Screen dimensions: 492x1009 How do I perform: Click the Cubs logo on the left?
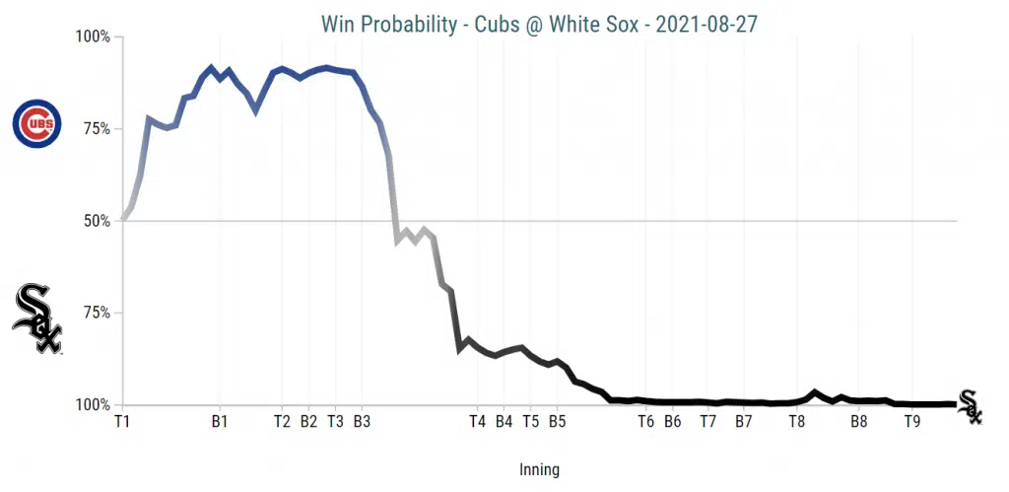tap(36, 124)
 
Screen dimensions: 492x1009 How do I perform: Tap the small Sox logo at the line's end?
tap(971, 406)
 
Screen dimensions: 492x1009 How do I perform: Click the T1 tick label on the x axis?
tap(122, 421)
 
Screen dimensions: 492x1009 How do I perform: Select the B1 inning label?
tap(220, 421)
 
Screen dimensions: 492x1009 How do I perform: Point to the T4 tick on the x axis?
tap(478, 421)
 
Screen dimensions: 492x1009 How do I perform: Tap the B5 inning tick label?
tap(557, 421)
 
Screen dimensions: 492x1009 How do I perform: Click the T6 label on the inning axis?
tap(646, 421)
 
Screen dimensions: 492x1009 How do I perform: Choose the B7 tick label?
tap(744, 421)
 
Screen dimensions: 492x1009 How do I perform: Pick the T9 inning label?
tap(912, 421)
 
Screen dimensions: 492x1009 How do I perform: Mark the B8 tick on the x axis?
tap(859, 421)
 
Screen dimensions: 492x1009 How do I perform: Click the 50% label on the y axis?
tap(97, 221)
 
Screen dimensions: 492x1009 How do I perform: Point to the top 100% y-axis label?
tap(94, 37)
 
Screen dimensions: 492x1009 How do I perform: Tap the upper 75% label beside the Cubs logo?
tap(97, 129)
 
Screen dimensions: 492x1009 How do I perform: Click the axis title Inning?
tap(539, 470)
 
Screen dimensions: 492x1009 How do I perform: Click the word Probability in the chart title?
tap(419, 24)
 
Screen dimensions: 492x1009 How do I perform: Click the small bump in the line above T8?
tap(815, 392)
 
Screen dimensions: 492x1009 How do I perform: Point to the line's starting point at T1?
tap(123, 220)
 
